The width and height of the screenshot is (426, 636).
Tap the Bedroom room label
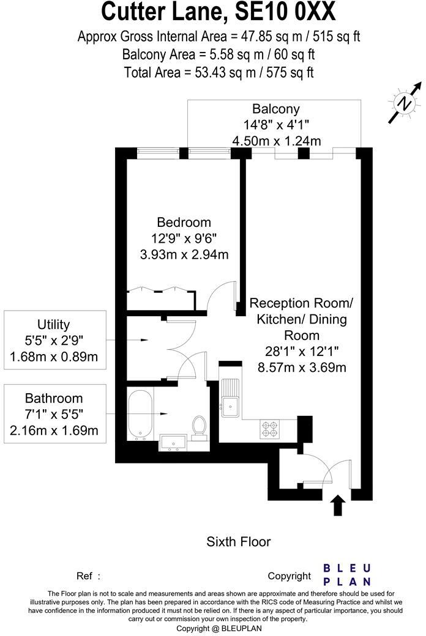click(184, 222)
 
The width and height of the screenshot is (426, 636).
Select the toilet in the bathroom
click(199, 427)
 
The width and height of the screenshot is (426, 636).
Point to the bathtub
click(140, 415)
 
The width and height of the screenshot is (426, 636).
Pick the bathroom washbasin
click(173, 442)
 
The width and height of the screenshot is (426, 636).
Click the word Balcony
click(276, 109)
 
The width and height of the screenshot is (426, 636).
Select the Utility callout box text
click(54, 340)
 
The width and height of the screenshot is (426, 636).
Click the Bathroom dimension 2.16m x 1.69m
click(54, 430)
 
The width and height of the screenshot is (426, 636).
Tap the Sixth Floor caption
click(238, 541)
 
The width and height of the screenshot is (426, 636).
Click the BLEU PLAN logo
click(347, 575)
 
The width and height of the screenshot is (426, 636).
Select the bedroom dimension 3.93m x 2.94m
click(184, 255)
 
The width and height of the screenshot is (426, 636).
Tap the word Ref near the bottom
click(84, 576)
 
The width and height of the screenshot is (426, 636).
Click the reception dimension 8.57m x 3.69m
click(302, 368)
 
